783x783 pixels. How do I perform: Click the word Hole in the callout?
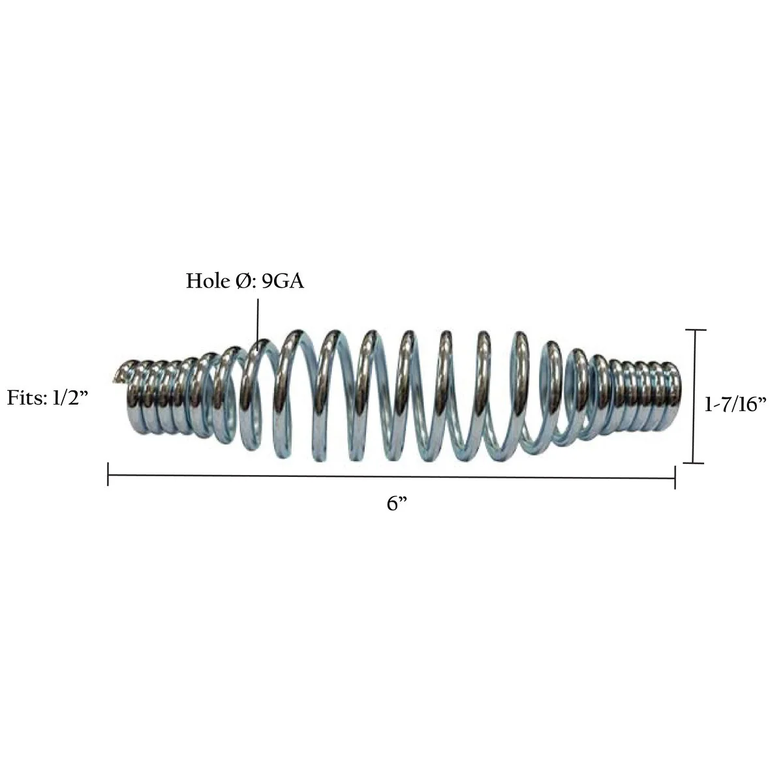(207, 281)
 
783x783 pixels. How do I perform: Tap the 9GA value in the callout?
(283, 281)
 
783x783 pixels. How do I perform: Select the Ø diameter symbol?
(243, 281)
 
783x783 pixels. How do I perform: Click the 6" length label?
(397, 504)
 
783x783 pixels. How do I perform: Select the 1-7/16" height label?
(735, 405)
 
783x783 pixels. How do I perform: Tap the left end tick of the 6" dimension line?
(108, 474)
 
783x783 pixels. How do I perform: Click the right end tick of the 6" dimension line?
(675, 478)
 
